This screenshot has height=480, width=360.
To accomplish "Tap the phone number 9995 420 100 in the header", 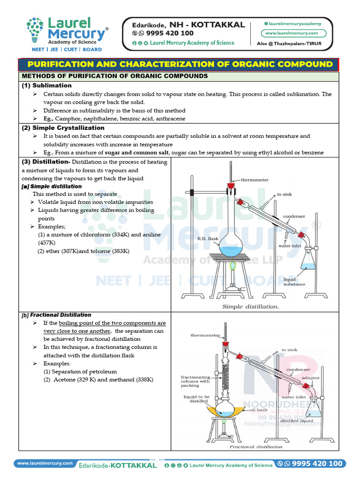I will click(166, 33).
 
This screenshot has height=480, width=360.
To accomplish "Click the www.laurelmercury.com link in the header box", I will click(292, 33).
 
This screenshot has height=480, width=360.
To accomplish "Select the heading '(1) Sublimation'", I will click(46, 85).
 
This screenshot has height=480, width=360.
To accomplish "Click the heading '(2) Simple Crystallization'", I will click(63, 127).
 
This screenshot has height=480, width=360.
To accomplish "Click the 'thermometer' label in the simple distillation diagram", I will click(255, 180).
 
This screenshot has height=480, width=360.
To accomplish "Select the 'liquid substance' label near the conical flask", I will click(294, 282).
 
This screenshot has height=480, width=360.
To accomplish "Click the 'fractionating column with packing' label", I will click(195, 381).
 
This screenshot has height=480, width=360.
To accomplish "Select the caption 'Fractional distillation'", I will click(256, 447).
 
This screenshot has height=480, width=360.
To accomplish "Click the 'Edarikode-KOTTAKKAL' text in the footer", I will click(118, 465).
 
